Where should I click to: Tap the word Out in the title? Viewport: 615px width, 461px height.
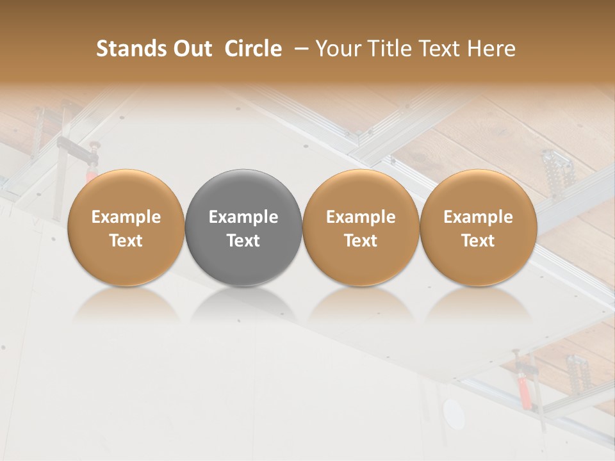[192, 49]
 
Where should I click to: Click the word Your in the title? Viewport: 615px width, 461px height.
[338, 49]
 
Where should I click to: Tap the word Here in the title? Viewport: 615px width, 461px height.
[493, 49]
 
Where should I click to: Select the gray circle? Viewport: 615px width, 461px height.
[243, 228]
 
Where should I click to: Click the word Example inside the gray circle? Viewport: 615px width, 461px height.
[243, 217]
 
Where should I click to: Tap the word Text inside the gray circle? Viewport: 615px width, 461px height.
[243, 241]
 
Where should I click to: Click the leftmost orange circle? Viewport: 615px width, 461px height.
[126, 228]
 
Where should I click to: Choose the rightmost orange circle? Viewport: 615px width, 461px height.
[479, 228]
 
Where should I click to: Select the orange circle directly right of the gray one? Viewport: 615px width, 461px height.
[361, 228]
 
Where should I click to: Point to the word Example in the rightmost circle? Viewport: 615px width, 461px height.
[479, 217]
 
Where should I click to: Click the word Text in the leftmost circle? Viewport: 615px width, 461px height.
[126, 241]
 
